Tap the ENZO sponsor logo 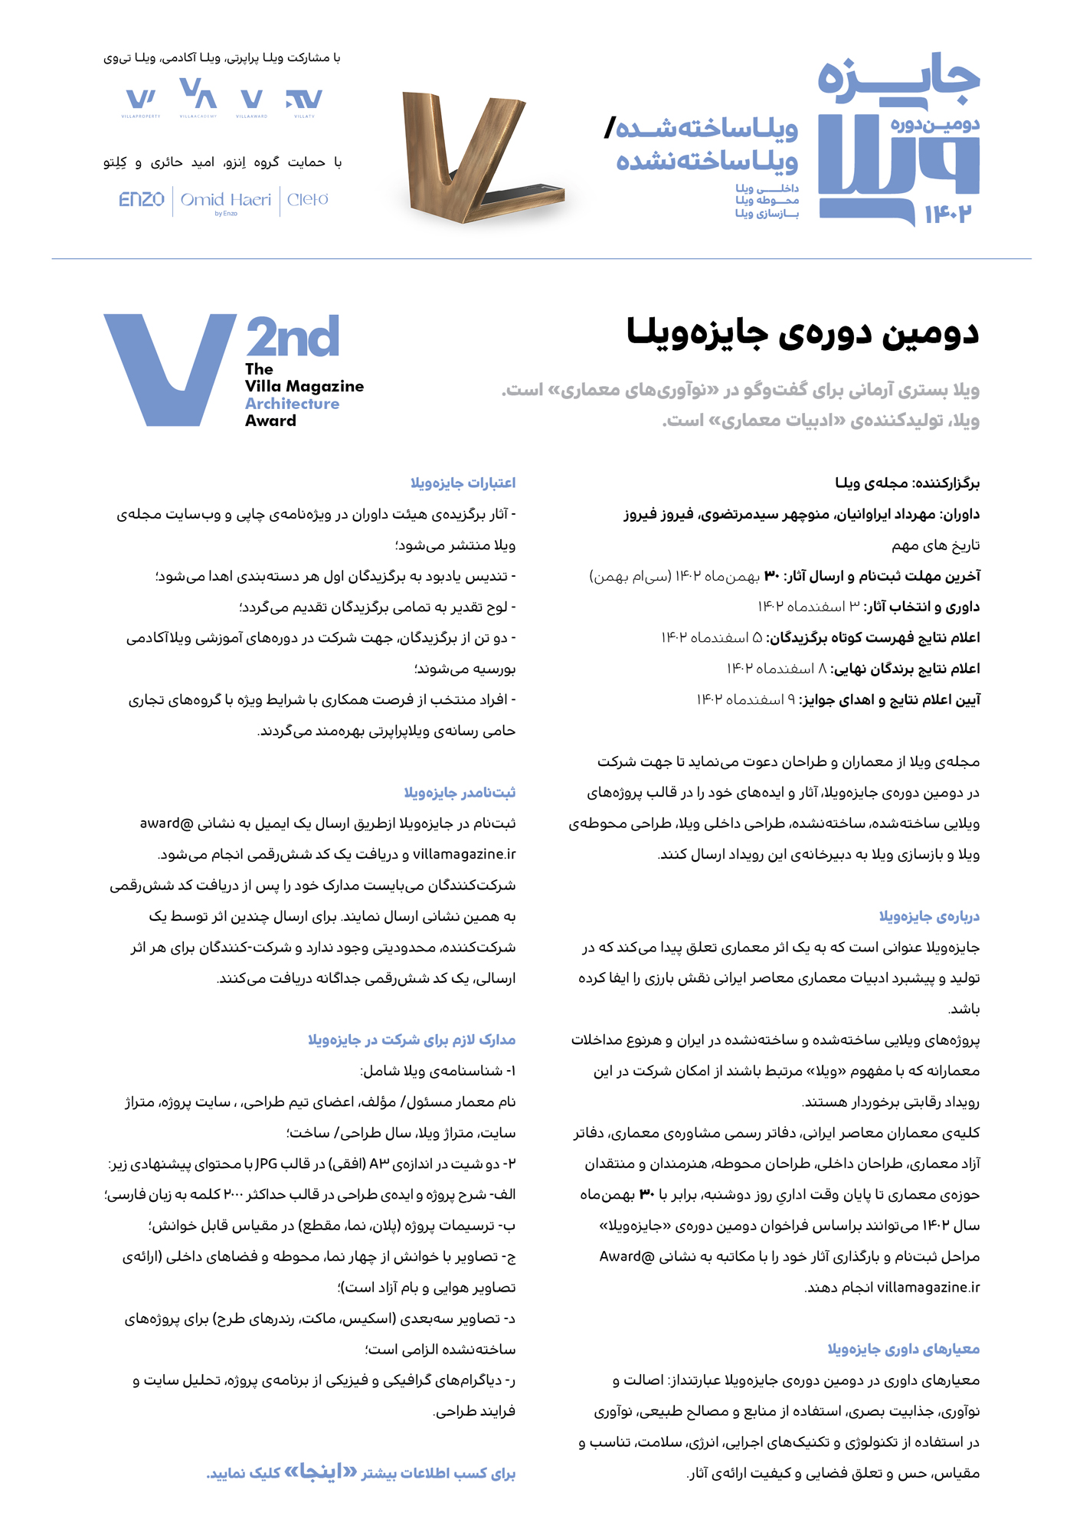point(142,200)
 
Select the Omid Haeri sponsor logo point(226,201)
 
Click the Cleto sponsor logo point(308,200)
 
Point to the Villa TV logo point(304,100)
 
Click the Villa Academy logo point(198,97)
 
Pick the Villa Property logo point(141,100)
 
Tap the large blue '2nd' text point(293,337)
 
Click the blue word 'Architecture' point(292,404)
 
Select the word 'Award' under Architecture point(270,421)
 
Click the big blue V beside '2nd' point(169,368)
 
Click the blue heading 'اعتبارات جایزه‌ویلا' point(463,483)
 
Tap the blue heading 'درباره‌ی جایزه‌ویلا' point(929,916)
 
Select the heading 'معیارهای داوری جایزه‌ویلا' point(903,1349)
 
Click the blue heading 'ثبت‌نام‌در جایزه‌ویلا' point(460,792)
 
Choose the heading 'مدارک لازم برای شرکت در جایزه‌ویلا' point(411,1039)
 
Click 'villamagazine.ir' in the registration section point(464,854)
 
